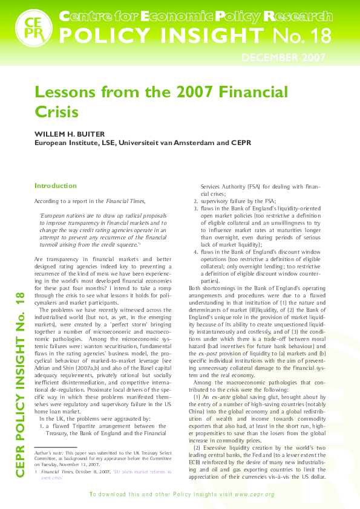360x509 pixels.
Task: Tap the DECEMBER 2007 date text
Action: [x=284, y=58]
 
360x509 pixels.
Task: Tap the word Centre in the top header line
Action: [x=78, y=15]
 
